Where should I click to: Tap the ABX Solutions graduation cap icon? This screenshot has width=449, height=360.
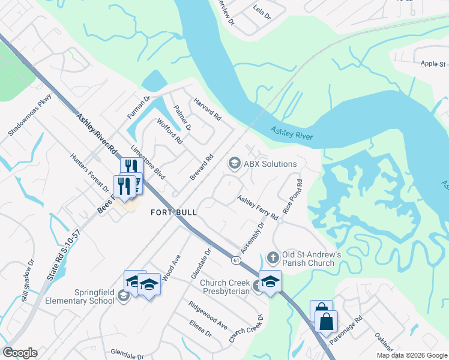tap(234, 163)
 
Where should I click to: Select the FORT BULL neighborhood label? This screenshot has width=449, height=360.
tap(174, 212)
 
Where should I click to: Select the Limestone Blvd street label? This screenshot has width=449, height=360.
tap(147, 162)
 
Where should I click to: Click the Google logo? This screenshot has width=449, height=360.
tap(20, 352)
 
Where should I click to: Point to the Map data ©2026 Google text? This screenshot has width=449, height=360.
tap(411, 355)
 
